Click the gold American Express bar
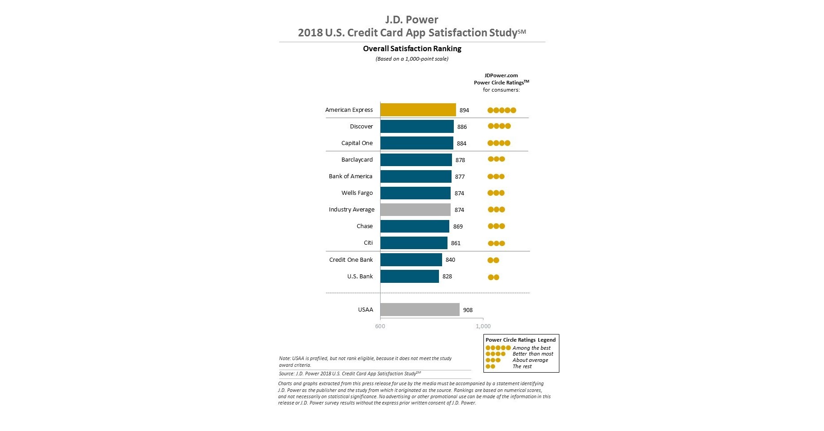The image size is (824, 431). (418, 110)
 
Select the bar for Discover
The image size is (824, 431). (417, 127)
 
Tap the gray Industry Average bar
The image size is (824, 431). (415, 210)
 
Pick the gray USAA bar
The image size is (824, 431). (420, 310)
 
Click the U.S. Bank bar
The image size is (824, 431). (409, 277)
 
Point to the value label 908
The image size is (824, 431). (468, 310)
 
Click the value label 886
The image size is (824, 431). (462, 127)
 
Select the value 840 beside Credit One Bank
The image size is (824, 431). (450, 260)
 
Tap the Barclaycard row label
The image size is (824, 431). (357, 160)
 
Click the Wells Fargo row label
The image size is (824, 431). (357, 193)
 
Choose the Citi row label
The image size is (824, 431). (368, 243)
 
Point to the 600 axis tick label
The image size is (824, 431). (380, 326)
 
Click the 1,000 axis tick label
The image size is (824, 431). (483, 326)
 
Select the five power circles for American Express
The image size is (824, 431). (502, 110)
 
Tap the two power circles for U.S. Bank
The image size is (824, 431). (493, 277)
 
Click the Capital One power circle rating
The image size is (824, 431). (499, 143)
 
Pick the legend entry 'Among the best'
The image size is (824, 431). (532, 348)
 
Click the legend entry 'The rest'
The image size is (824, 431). (522, 367)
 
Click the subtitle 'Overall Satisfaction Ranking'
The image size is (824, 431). (412, 48)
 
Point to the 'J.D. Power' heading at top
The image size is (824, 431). (412, 20)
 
